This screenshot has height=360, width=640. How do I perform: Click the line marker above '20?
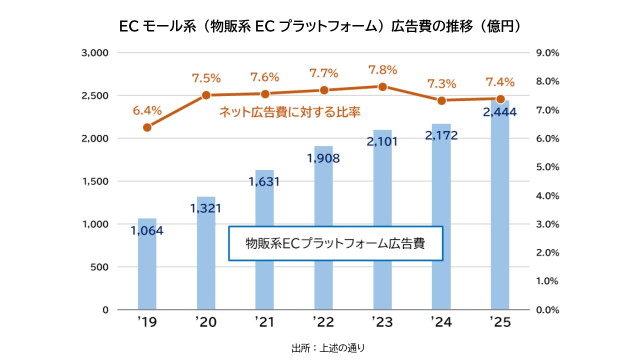(206, 95)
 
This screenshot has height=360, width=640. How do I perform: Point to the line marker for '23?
(382, 86)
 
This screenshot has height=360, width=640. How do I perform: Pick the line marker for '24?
(441, 100)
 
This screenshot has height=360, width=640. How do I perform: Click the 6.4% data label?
(147, 110)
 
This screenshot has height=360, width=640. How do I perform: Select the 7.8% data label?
(382, 70)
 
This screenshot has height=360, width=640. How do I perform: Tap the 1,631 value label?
(264, 181)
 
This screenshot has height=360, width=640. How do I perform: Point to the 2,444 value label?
(500, 112)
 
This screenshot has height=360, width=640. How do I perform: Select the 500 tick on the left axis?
(98, 267)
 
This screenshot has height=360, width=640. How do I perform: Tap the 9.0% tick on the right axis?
(546, 52)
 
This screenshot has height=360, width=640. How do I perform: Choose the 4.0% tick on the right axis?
(546, 195)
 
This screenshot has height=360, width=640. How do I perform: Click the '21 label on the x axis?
(264, 322)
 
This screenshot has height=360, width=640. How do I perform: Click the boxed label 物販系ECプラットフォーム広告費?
(335, 243)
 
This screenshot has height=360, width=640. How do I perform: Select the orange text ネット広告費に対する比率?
(289, 112)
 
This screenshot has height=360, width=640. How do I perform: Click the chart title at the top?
(320, 26)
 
